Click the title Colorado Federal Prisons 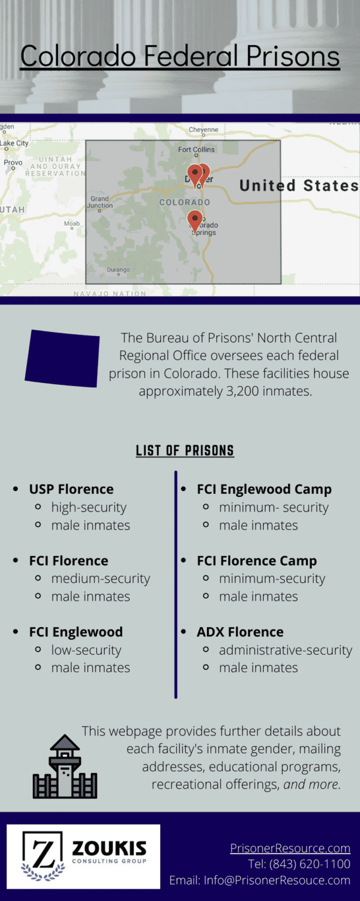[180, 56]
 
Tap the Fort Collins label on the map [196, 150]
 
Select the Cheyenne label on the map [203, 130]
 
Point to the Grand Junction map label [100, 202]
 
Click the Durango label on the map [118, 270]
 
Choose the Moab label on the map [72, 223]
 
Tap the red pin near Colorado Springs [195, 221]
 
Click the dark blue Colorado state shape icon [63, 358]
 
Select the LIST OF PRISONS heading [185, 450]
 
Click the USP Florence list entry [72, 489]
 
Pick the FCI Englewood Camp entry [264, 489]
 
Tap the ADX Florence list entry [240, 632]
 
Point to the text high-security [89, 507]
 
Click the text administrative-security [286, 650]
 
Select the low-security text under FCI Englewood [86, 650]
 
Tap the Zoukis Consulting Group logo [83, 856]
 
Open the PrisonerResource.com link [290, 848]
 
